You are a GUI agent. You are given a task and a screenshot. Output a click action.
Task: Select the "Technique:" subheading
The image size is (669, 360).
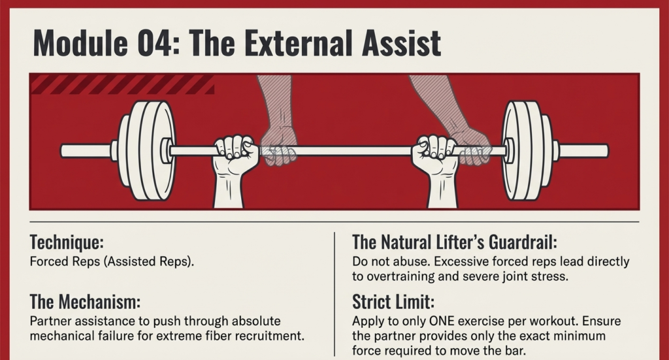click(x=67, y=243)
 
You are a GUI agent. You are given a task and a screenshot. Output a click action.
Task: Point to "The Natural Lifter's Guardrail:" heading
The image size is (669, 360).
click(x=454, y=243)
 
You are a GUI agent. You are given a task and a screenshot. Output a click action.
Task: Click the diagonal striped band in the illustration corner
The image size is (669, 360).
click(x=122, y=84)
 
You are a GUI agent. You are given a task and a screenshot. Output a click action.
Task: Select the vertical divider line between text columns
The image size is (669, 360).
click(x=334, y=294)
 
